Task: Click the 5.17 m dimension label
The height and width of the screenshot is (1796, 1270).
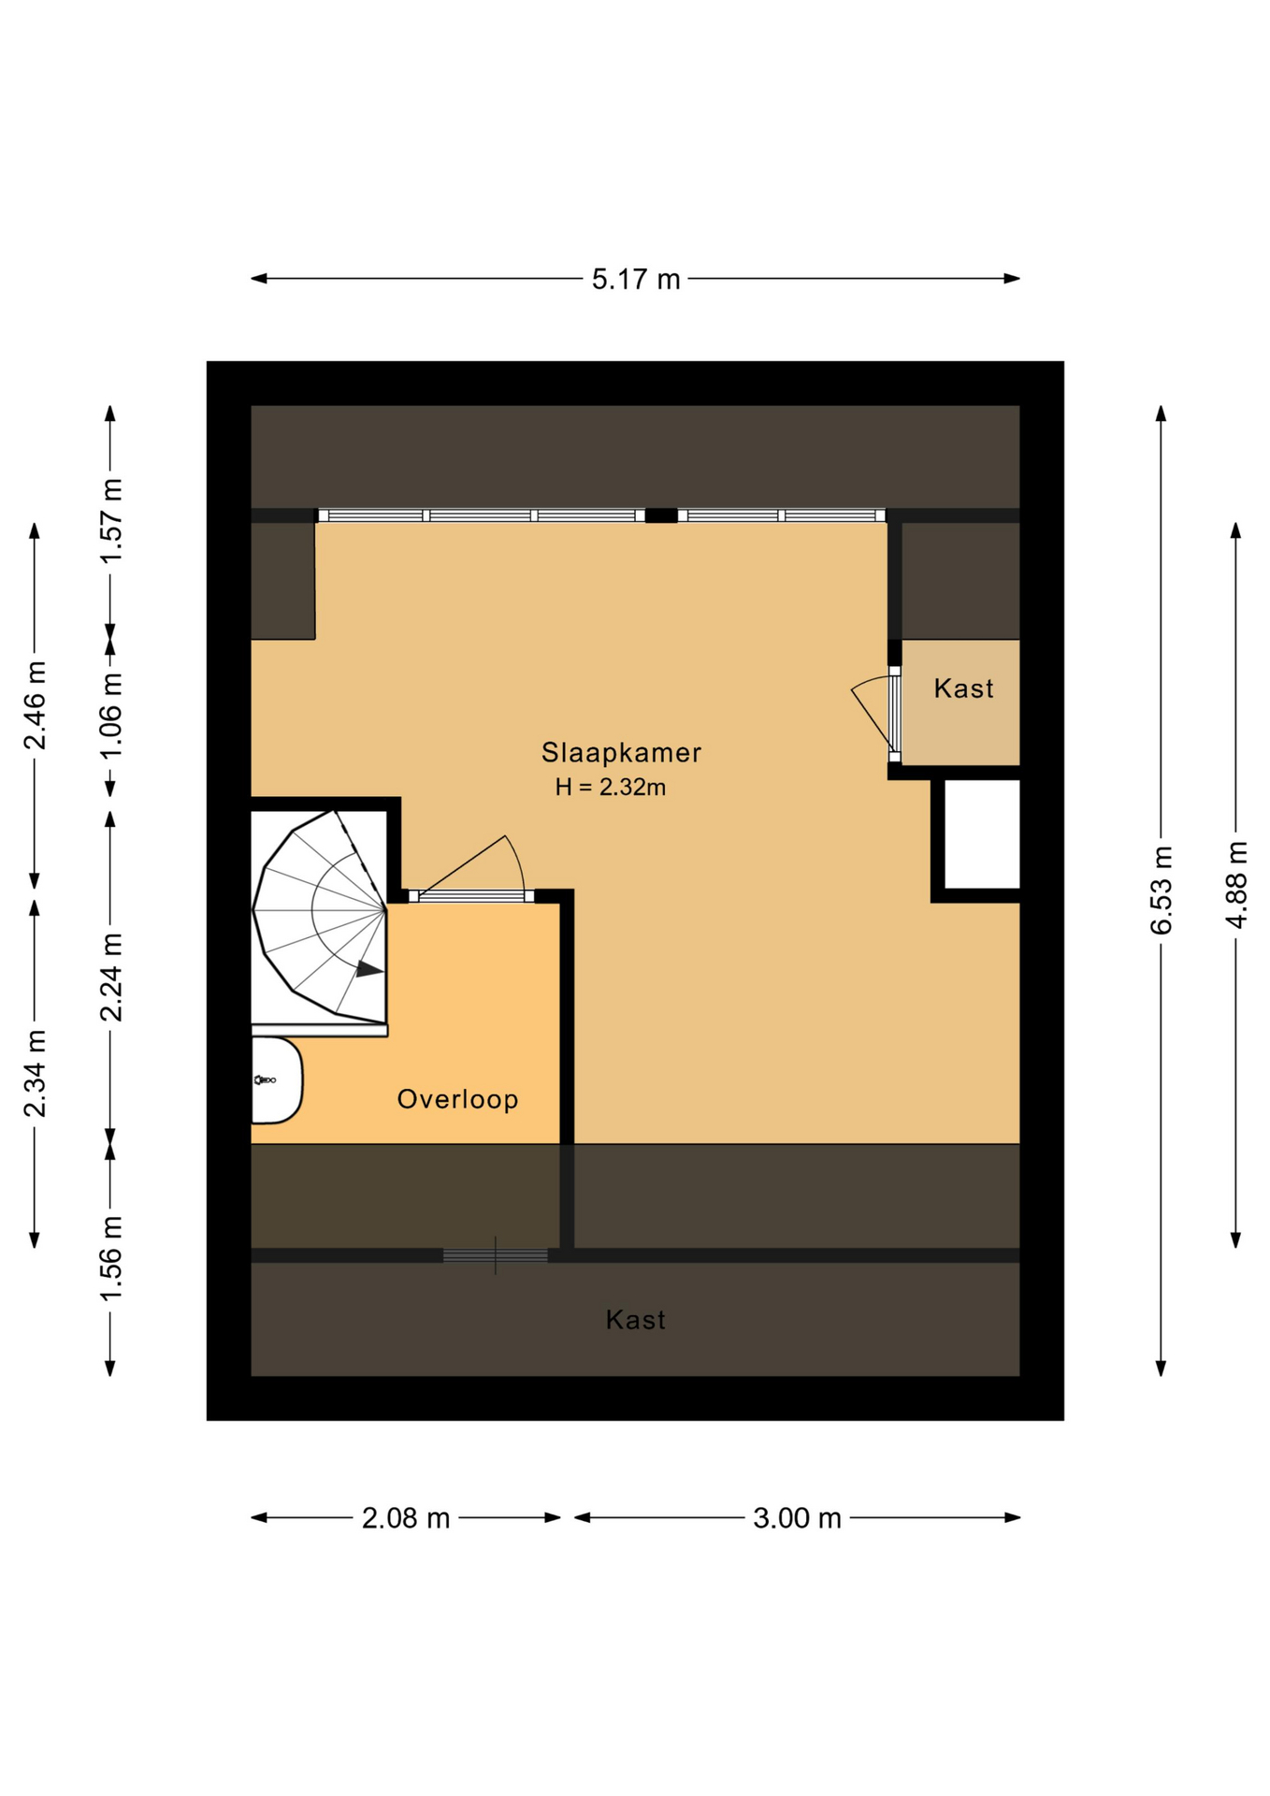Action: [x=635, y=279]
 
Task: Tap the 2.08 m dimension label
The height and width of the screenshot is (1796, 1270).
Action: [x=406, y=1517]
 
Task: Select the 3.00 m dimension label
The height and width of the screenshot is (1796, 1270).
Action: [x=797, y=1517]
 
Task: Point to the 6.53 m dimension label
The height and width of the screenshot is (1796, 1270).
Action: [x=1161, y=890]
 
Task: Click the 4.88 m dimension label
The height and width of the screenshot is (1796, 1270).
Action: [x=1235, y=884]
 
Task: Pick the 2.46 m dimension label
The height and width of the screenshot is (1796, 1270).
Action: [x=35, y=705]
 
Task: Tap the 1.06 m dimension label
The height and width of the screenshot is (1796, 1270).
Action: [x=110, y=717]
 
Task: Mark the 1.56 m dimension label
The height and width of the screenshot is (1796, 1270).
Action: [x=110, y=1257]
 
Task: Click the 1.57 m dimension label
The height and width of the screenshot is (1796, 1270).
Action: [x=110, y=520]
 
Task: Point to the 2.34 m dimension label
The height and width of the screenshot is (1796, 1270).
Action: [x=35, y=1073]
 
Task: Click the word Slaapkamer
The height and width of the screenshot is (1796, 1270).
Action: [x=621, y=752]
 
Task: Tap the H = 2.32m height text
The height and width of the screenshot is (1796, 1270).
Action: [x=610, y=788]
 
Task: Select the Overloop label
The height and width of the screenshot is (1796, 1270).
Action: [x=457, y=1099]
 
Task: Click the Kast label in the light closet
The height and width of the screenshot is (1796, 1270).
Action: [x=963, y=688]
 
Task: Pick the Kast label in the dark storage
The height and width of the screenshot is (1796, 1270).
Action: [x=636, y=1320]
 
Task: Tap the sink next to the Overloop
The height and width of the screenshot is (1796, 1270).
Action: [x=276, y=1079]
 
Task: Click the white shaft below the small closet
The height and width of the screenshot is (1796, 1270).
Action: [x=981, y=833]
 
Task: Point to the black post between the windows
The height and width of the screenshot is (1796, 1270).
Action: [x=661, y=515]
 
